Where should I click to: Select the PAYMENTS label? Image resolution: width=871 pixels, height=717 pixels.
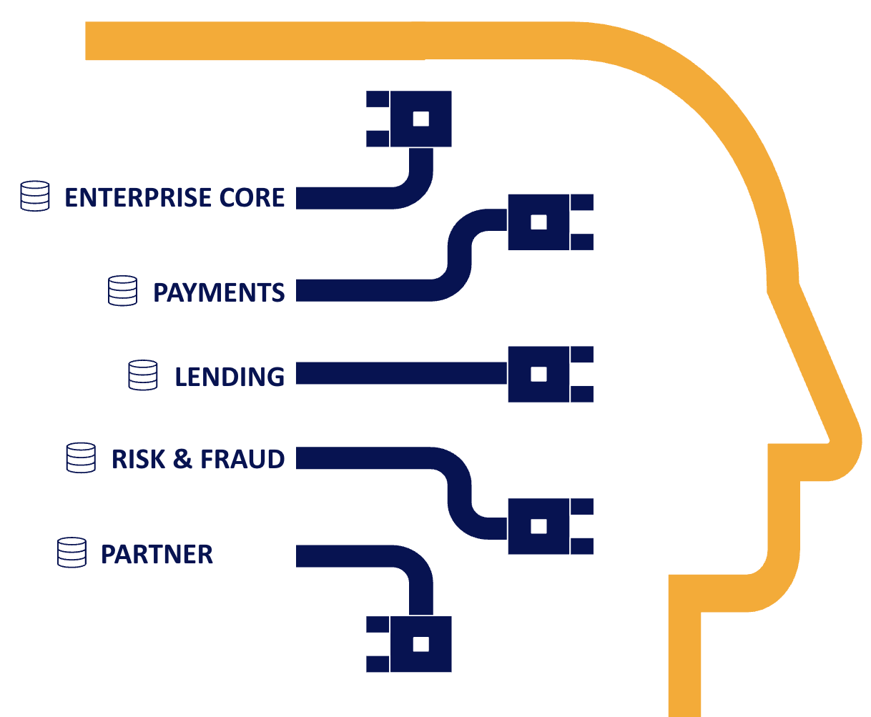(x=219, y=292)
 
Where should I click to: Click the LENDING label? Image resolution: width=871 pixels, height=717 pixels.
(x=230, y=377)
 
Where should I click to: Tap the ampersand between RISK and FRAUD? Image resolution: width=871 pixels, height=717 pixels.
(x=183, y=459)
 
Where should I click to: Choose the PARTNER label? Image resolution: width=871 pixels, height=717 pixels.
(x=157, y=554)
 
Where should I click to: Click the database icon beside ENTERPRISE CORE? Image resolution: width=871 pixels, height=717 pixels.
(x=35, y=196)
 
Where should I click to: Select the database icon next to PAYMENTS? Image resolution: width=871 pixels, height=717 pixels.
(x=122, y=291)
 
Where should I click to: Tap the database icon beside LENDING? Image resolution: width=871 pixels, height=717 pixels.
(x=143, y=375)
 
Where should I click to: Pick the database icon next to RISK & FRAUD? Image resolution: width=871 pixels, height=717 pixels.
(x=81, y=458)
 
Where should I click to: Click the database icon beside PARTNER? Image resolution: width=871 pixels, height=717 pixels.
(x=72, y=553)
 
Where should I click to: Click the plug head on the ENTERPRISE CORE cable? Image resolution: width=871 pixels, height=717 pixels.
(x=420, y=119)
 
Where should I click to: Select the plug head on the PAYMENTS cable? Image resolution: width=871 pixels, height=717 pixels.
(x=538, y=222)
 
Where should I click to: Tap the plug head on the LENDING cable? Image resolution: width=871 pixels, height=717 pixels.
(x=538, y=374)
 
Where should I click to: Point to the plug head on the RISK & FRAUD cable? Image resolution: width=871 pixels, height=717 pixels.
(x=538, y=526)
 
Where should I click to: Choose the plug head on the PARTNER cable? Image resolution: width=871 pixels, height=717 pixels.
(x=420, y=643)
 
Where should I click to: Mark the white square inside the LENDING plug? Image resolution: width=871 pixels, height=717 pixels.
(x=538, y=374)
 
